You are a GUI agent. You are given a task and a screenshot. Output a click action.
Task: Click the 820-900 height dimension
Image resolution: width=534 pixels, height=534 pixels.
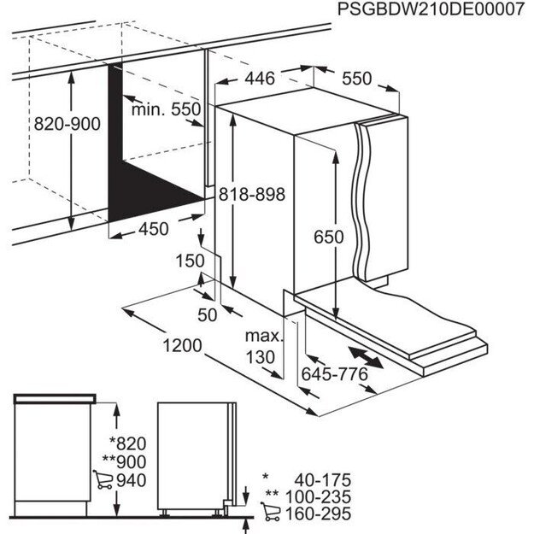67,124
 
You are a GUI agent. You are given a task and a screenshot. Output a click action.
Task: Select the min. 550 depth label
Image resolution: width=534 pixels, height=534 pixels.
166,109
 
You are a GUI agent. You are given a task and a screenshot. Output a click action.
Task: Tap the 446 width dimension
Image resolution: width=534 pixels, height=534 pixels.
259,79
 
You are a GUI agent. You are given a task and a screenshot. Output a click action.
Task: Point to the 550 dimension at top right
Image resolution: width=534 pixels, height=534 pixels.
356,79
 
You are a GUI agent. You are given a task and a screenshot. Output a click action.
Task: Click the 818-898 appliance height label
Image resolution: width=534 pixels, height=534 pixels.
250,194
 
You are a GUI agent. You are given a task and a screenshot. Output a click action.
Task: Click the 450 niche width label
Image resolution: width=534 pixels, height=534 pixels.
153,229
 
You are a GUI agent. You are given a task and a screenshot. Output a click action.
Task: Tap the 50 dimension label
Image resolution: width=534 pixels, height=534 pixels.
208,314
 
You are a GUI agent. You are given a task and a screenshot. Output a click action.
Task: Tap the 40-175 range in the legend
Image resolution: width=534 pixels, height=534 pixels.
320,480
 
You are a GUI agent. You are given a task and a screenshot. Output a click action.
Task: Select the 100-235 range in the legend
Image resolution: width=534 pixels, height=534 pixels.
320,497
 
